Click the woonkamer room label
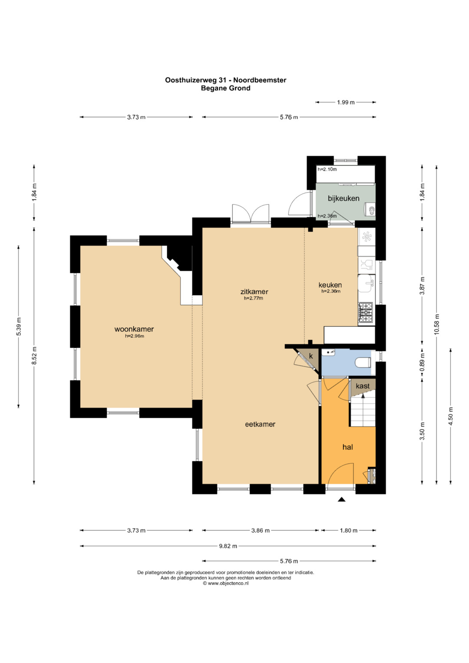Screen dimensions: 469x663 coord(134,329)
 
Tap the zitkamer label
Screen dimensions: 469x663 coord(254,291)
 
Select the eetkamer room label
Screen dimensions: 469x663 coord(260,424)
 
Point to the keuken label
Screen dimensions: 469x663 coord(330,285)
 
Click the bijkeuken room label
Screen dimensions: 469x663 coord(343,198)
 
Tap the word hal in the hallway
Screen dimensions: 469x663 coord(347,447)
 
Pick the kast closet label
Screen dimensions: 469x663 coord(363,386)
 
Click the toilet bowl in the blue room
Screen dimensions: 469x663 coord(363,362)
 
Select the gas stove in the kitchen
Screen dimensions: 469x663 coord(367,312)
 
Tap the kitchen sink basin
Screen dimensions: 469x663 coord(366,283)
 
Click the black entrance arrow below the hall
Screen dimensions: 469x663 coord(342,500)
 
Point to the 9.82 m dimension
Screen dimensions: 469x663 coord(228,546)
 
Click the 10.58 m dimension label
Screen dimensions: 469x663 coord(436,324)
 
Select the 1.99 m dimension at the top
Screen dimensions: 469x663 coord(346,102)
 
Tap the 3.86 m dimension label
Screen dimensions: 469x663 coord(260,531)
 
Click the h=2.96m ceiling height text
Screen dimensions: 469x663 coord(135,336)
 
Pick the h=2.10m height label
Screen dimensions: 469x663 coord(327,169)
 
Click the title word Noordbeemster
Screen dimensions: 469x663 coord(260,80)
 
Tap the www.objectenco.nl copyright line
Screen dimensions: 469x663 coord(226,584)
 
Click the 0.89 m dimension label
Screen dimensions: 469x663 coord(422,362)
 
